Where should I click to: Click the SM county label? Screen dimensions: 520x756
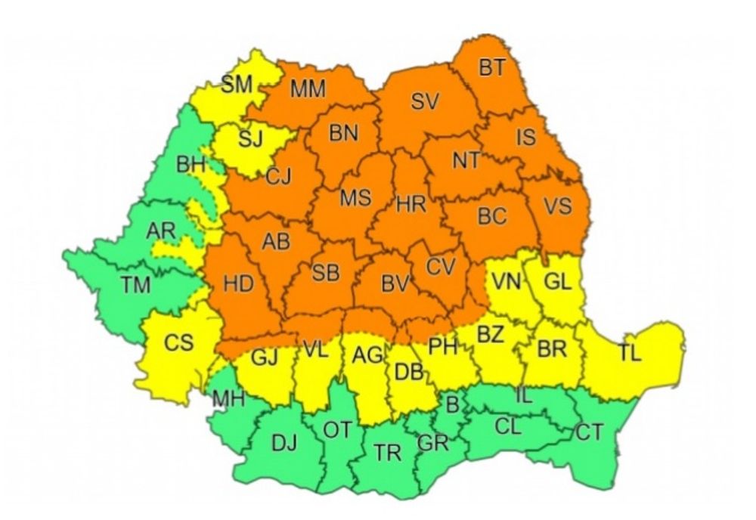point(237,85)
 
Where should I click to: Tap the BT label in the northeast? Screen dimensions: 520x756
point(491,67)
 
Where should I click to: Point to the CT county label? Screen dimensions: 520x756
point(589,434)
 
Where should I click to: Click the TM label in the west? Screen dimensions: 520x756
point(136,285)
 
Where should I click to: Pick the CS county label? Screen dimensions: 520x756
point(179,343)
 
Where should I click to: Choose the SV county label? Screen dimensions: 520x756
point(425,102)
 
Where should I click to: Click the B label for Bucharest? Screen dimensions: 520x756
point(452,406)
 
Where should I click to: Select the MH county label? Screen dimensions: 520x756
point(228,398)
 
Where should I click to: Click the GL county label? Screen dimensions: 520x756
point(558,281)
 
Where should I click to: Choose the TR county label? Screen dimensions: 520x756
point(387,453)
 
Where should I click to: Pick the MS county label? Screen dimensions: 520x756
point(355,198)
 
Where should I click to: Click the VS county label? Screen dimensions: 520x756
point(558,206)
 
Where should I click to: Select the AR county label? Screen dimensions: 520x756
point(161,231)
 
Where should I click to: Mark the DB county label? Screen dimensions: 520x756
point(409,372)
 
